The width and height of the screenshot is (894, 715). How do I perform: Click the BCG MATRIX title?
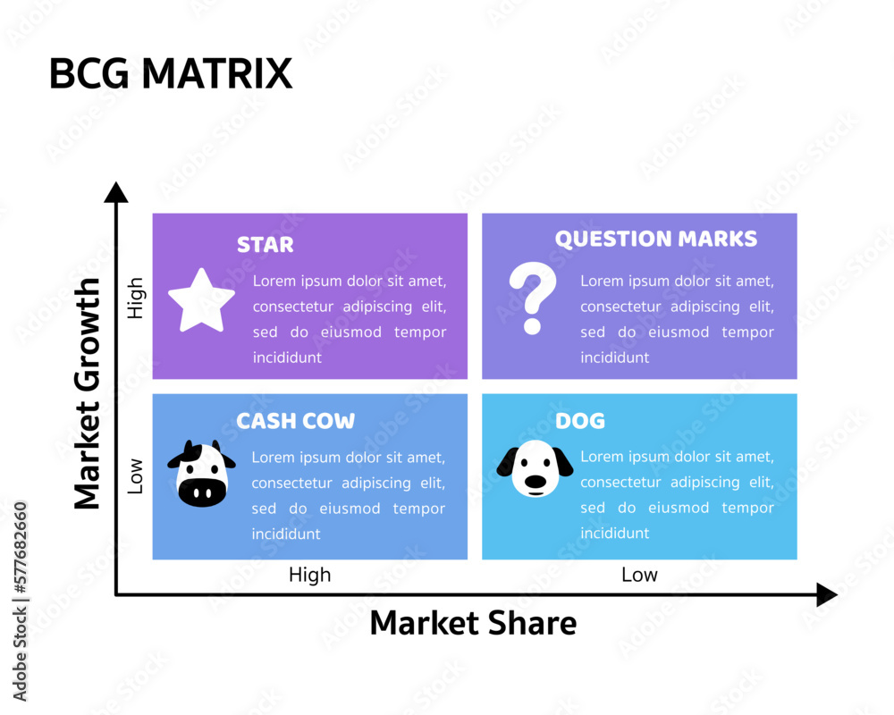click(170, 73)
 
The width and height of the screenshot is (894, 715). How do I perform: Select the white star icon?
click(201, 300)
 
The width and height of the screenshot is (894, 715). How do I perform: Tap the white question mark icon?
click(532, 299)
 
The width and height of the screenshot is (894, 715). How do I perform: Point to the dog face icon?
click(535, 468)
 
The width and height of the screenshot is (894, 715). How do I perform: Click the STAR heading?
click(265, 244)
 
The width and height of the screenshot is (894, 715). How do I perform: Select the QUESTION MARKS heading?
click(655, 239)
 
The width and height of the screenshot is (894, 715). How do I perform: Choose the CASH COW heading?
click(295, 420)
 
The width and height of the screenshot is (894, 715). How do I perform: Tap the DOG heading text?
click(580, 420)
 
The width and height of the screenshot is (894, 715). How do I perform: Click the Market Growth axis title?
click(88, 393)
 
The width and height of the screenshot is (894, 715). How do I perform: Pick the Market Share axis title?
click(473, 623)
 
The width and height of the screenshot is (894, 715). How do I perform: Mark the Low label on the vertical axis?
click(135, 476)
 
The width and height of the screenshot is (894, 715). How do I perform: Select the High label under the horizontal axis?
click(309, 575)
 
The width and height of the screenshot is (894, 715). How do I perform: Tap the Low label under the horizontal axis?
click(639, 575)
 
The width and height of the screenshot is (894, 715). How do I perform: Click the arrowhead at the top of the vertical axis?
click(116, 191)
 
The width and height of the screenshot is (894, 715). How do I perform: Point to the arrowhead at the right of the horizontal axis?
click(826, 594)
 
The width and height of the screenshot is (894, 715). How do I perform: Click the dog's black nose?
click(535, 482)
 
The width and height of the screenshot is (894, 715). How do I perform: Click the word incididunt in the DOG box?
click(615, 533)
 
